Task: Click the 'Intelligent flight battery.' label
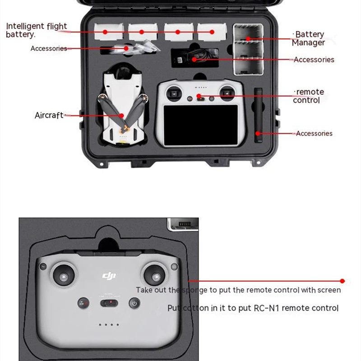tap(36, 30)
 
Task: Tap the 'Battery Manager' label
tap(309, 38)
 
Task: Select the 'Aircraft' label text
tap(49, 116)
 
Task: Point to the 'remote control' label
tap(309, 96)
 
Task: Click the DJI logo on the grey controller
tap(109, 275)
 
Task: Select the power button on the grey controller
tap(134, 304)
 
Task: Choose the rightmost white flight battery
tap(212, 32)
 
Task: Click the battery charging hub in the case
tap(248, 50)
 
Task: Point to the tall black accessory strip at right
tap(258, 116)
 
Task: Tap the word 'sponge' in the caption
tap(194, 290)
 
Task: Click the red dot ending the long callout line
tap(342, 281)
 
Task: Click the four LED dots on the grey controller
tap(109, 324)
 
